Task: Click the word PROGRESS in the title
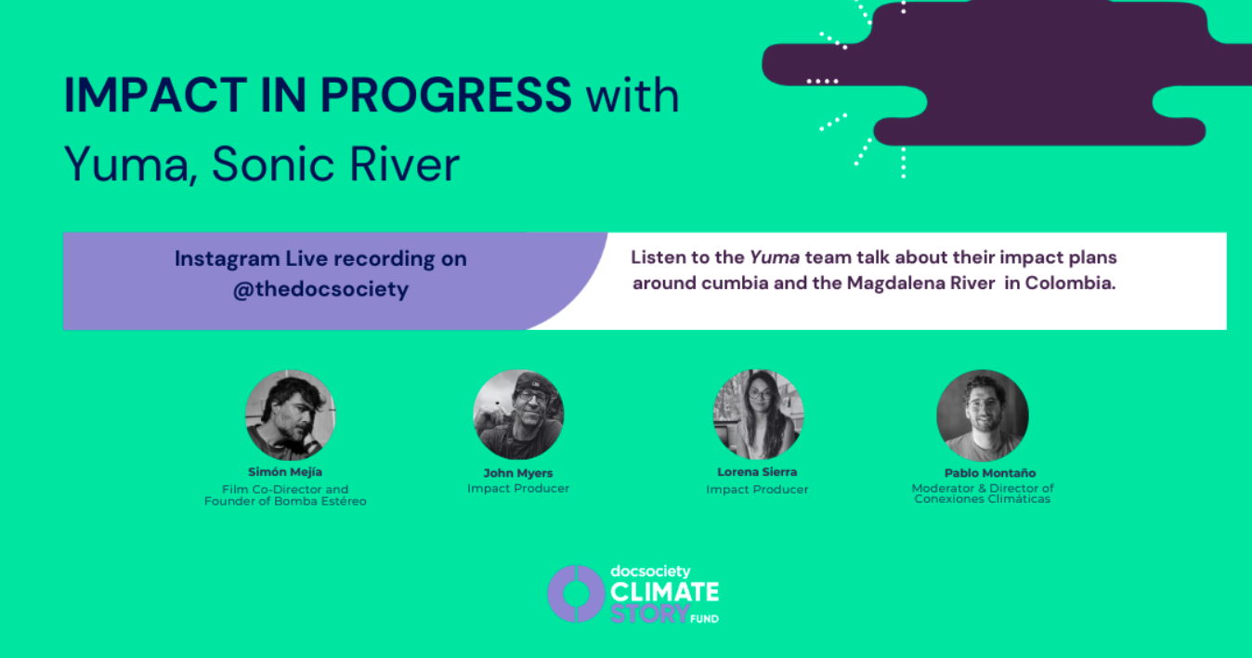[x=446, y=95]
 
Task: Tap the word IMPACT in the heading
[x=156, y=95]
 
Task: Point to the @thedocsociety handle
[x=320, y=289]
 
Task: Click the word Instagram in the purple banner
[x=228, y=259]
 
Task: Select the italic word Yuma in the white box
[x=775, y=257]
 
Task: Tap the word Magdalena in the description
[x=893, y=283]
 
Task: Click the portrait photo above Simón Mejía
[x=290, y=415]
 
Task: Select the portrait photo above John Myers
[x=518, y=415]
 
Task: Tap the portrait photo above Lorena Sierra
[x=758, y=415]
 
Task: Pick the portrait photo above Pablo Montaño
[x=983, y=415]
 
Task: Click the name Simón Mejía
[x=285, y=472]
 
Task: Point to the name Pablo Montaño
[x=990, y=473]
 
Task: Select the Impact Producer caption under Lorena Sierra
[x=757, y=490]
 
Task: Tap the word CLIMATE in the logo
[x=665, y=592]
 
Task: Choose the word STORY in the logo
[x=649, y=613]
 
